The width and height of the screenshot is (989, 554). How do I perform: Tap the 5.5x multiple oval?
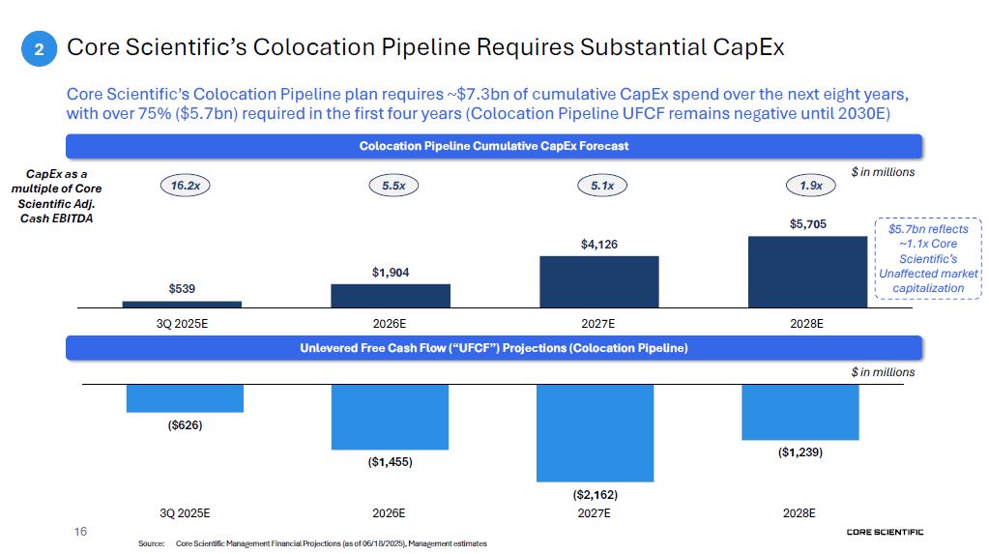coord(393,186)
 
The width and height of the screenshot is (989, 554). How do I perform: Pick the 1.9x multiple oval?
coord(811,186)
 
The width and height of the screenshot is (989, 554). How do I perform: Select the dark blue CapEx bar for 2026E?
coord(390,295)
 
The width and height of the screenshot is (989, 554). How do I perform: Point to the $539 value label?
coord(183,289)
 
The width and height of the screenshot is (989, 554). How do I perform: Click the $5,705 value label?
coord(807,223)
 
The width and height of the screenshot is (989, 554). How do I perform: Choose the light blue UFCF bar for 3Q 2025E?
coord(185,398)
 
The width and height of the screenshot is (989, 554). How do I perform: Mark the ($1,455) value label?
coord(390,462)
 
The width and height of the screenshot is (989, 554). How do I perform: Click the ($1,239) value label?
coord(800,452)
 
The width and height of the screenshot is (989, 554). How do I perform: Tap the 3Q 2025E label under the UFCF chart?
coord(185,513)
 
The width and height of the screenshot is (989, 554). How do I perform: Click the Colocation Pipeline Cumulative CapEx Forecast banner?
coord(493,146)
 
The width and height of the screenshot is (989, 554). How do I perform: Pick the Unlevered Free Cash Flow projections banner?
coord(493,347)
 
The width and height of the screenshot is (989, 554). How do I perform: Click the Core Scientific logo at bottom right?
coord(884,532)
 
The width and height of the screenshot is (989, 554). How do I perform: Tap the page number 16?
coord(81,532)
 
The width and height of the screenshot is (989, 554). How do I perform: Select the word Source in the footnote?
coord(152,544)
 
